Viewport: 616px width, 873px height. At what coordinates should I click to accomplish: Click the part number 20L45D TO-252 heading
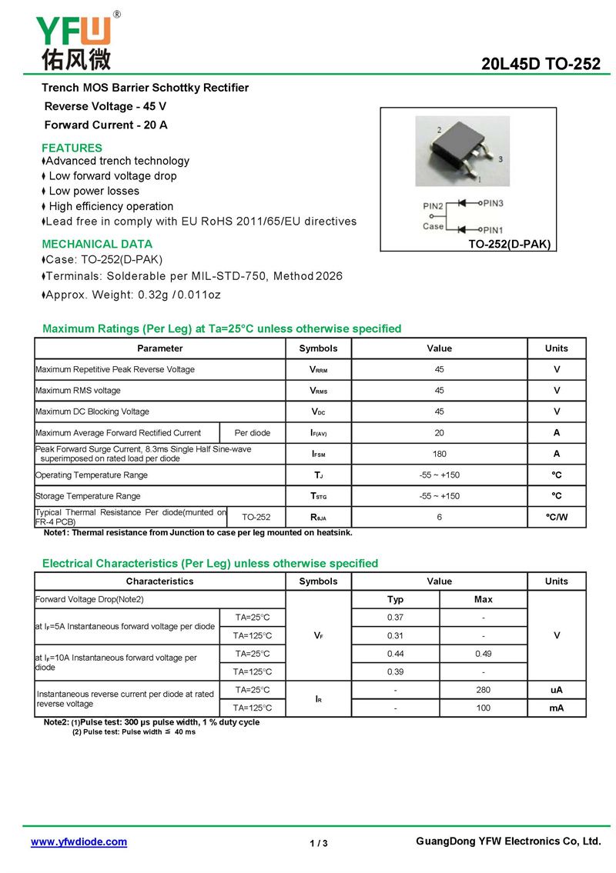(x=541, y=65)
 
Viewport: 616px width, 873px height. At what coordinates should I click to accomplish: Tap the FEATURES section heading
(x=72, y=148)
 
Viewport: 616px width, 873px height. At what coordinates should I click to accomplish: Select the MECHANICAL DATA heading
(x=97, y=244)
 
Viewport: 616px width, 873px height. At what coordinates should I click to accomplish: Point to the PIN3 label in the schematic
(x=493, y=203)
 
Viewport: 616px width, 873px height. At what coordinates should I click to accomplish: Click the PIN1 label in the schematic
(x=493, y=230)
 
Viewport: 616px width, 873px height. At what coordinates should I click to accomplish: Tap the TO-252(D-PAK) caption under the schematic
(x=510, y=245)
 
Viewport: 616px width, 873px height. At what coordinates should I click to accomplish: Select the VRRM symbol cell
(x=318, y=370)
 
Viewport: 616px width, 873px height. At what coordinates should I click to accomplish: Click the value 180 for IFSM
(x=439, y=454)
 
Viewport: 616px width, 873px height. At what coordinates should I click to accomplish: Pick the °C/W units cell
(x=556, y=517)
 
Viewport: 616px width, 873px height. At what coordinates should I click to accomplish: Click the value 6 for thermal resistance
(x=439, y=517)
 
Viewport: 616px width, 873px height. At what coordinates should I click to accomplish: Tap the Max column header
(x=483, y=599)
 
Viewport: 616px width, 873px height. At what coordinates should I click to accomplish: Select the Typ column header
(x=395, y=599)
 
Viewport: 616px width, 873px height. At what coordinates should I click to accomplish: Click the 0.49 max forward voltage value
(x=483, y=654)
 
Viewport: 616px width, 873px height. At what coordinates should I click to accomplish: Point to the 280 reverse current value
(x=483, y=690)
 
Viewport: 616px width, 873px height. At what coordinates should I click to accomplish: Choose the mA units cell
(x=556, y=708)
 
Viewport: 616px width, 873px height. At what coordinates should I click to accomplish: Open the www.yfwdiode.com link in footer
(x=79, y=842)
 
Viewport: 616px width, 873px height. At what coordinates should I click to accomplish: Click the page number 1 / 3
(x=319, y=844)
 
